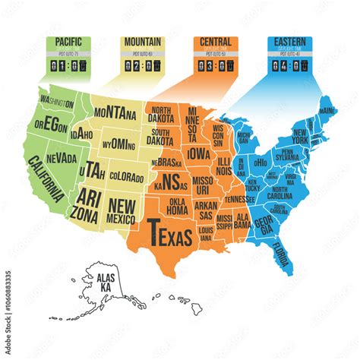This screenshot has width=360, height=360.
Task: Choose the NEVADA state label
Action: click(x=61, y=158)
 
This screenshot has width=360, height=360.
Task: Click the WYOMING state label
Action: click(x=120, y=143)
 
